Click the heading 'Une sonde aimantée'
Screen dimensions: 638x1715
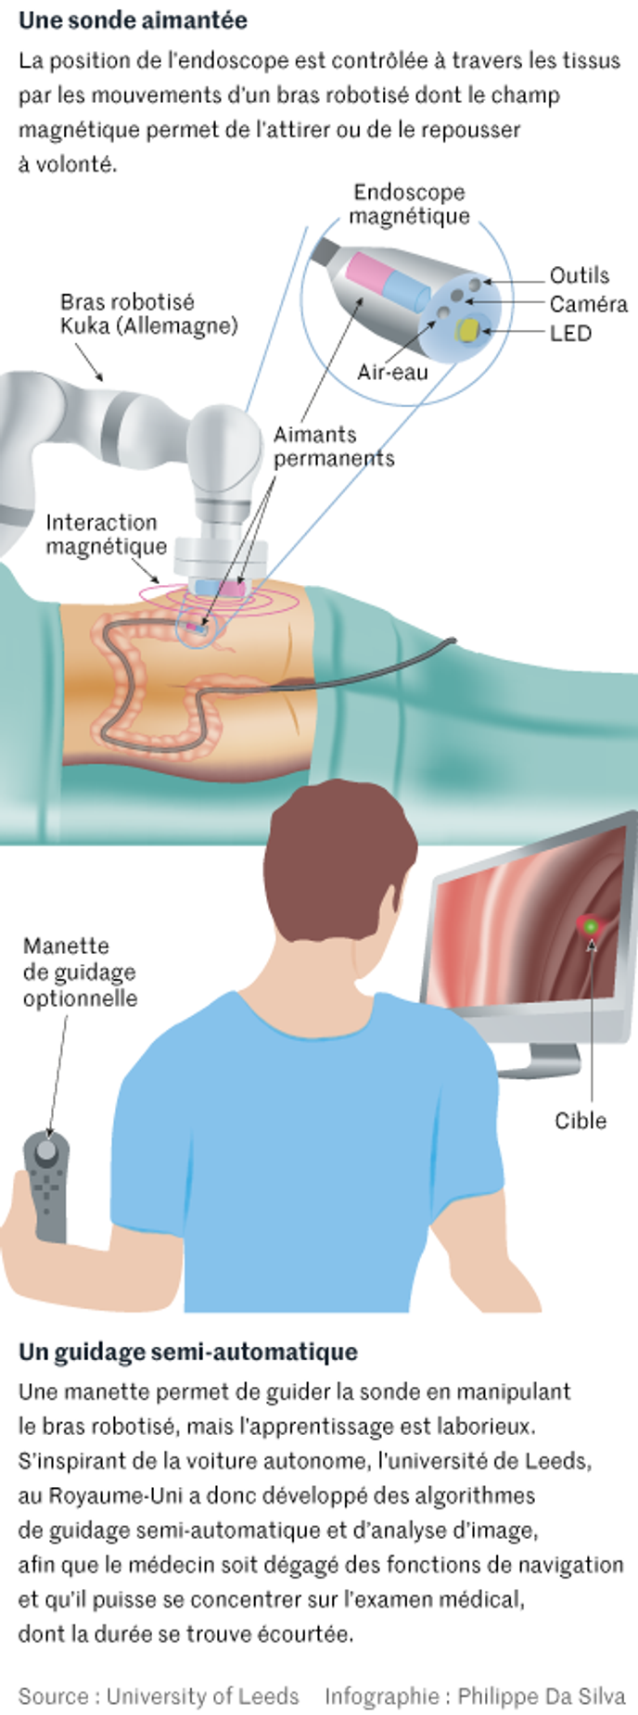pyautogui.click(x=133, y=19)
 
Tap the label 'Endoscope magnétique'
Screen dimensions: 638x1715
pyautogui.click(x=409, y=204)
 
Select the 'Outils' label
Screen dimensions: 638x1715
pyautogui.click(x=580, y=275)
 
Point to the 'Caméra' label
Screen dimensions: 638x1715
pyautogui.click(x=588, y=304)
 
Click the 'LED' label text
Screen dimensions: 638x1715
pyautogui.click(x=570, y=333)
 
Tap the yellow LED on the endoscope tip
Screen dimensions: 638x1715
pyautogui.click(x=468, y=329)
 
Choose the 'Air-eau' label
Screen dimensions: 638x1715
pyautogui.click(x=392, y=372)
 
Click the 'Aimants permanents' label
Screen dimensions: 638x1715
pyautogui.click(x=334, y=446)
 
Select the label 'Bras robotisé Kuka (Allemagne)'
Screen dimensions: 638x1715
pyautogui.click(x=148, y=313)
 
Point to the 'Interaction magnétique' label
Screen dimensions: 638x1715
pyautogui.click(x=106, y=534)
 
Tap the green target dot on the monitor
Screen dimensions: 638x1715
pyautogui.click(x=591, y=926)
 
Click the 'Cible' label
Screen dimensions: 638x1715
pyautogui.click(x=581, y=1120)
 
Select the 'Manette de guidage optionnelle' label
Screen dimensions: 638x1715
pyautogui.click(x=80, y=972)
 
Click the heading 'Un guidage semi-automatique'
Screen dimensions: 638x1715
pyautogui.click(x=188, y=1352)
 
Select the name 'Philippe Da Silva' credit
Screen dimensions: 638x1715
pyautogui.click(x=541, y=1696)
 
